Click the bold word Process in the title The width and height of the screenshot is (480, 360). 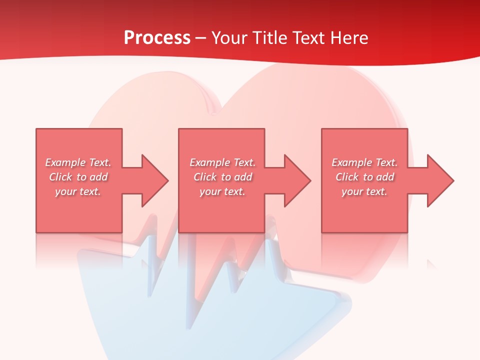(157, 37)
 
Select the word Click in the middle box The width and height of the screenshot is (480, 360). (204, 177)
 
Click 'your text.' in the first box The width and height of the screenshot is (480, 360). (78, 191)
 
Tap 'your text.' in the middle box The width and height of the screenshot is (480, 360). (222, 191)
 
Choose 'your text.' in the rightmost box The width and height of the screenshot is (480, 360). (364, 191)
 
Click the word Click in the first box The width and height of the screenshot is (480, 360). (60, 177)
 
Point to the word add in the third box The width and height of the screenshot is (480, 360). (385, 177)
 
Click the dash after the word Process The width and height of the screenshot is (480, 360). (200, 38)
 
